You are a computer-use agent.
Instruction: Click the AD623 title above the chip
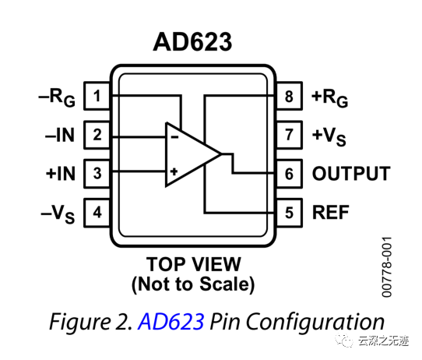pos(194,41)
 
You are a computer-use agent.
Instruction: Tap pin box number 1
pos(97,97)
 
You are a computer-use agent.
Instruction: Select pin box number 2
pos(97,135)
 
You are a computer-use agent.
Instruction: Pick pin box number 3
pos(97,173)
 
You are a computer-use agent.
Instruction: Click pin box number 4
pos(97,211)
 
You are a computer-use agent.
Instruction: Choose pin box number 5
pos(289,211)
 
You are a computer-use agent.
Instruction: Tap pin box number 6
pos(289,173)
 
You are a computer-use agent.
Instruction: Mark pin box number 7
pos(289,135)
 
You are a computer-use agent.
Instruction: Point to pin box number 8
pos(289,97)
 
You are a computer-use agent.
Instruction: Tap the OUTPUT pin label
pos(350,173)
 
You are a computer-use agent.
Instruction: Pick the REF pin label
pos(331,211)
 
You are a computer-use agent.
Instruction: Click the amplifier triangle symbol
pos(191,154)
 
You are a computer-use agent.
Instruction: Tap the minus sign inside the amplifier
pos(174,136)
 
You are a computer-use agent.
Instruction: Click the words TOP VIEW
pos(193,263)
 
